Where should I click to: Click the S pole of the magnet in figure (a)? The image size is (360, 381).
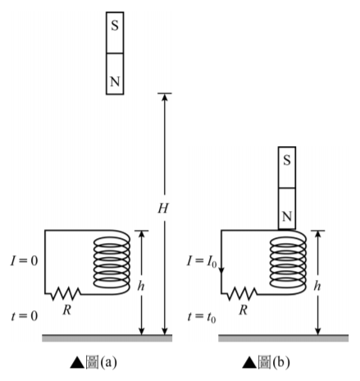pyautogui.click(x=115, y=33)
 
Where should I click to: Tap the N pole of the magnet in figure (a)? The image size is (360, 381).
pyautogui.click(x=115, y=74)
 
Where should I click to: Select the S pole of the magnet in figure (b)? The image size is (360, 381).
pyautogui.click(x=287, y=168)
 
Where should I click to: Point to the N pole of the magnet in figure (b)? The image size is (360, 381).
pyautogui.click(x=287, y=209)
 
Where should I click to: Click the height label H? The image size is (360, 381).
pyautogui.click(x=163, y=209)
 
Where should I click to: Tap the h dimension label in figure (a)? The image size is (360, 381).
pyautogui.click(x=141, y=286)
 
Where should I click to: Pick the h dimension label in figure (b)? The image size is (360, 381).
pyautogui.click(x=317, y=286)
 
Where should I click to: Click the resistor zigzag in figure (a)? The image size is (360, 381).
pyautogui.click(x=66, y=294)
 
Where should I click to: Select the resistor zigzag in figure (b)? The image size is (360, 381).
pyautogui.click(x=242, y=294)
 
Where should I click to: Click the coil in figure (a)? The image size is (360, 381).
pyautogui.click(x=112, y=262)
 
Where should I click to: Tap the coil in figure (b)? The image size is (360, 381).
pyautogui.click(x=288, y=262)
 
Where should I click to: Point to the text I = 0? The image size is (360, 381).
pyautogui.click(x=24, y=260)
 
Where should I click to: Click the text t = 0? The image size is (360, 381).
pyautogui.click(x=25, y=316)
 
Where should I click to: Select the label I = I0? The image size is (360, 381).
pyautogui.click(x=202, y=261)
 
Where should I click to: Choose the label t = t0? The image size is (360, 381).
pyautogui.click(x=202, y=317)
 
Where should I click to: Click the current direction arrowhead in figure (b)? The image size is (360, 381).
pyautogui.click(x=221, y=270)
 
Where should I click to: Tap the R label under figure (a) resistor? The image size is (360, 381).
pyautogui.click(x=66, y=310)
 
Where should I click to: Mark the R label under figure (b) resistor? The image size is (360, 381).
pyautogui.click(x=243, y=310)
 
